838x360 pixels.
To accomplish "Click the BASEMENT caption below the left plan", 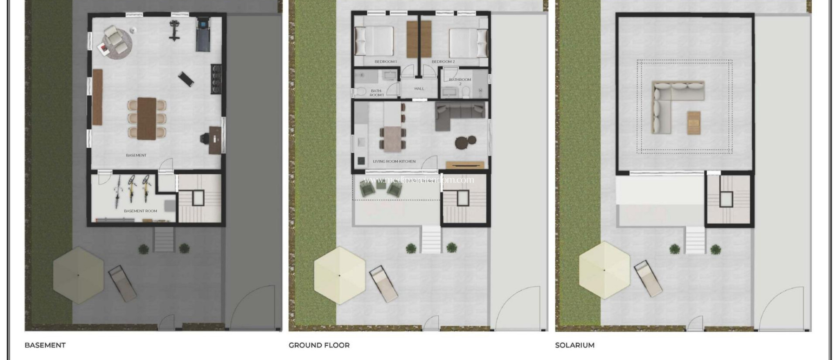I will click(x=45, y=345).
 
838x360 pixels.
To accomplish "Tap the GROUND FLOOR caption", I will click(x=319, y=345).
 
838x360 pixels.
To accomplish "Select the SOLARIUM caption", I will click(x=574, y=345).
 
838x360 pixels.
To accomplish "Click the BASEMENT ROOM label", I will click(x=140, y=211).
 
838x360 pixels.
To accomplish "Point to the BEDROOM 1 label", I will click(x=385, y=62).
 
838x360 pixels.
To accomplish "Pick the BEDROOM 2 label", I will click(x=443, y=62).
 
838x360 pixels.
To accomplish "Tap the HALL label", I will click(x=419, y=88).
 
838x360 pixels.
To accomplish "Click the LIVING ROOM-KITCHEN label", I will click(x=394, y=161).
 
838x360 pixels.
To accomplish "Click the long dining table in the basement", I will click(x=146, y=118).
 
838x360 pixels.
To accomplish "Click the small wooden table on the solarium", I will click(x=694, y=122).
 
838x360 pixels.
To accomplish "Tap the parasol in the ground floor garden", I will click(x=339, y=275).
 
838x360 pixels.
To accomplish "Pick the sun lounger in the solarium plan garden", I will click(x=648, y=279).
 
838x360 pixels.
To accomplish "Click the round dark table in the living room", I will click(x=462, y=142).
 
